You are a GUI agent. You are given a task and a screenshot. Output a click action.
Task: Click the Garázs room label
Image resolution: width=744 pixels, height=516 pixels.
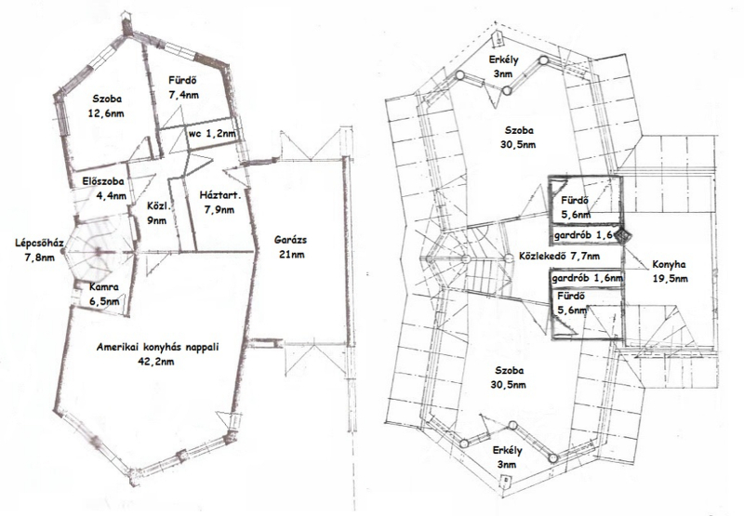tap(290, 240)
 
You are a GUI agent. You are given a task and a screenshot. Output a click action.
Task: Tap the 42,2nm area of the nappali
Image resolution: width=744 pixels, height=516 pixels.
tap(157, 362)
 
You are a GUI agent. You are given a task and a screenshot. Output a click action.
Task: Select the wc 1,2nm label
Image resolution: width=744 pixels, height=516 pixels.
tap(212, 134)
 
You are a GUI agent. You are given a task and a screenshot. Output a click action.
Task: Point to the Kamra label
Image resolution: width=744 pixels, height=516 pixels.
tap(104, 287)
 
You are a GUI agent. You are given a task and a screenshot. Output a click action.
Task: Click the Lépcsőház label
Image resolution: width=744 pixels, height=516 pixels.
tap(39, 243)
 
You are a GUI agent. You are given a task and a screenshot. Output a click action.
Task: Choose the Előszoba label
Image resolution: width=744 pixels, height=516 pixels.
tap(103, 181)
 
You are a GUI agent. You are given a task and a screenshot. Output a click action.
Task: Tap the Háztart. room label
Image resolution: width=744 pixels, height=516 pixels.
tap(220, 195)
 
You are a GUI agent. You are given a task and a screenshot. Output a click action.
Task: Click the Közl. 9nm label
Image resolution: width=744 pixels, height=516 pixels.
tap(157, 213)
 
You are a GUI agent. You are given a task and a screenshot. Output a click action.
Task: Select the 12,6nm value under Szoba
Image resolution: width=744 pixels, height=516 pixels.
tap(107, 113)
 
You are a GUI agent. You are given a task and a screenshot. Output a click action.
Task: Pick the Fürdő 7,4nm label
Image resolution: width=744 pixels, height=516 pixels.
tap(183, 87)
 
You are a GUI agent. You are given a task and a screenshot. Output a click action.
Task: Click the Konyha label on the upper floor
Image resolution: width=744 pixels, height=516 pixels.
tap(669, 265)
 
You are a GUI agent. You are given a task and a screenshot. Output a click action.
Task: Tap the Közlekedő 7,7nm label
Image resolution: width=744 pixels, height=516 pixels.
tap(559, 256)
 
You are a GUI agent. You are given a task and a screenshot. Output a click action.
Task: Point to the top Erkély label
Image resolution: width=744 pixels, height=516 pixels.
tap(504, 60)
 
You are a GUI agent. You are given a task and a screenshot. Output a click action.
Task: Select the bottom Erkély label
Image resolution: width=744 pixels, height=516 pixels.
tap(507, 451)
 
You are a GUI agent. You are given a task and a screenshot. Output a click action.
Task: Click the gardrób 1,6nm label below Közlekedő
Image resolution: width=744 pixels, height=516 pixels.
tap(587, 278)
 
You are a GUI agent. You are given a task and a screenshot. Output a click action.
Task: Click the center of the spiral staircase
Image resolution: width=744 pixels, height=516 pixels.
tap(98, 252)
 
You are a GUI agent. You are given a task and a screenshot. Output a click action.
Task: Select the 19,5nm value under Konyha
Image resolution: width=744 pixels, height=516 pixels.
tap(670, 279)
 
